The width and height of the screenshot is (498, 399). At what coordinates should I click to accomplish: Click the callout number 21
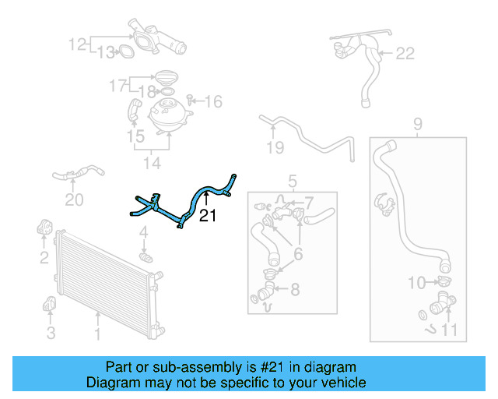tap(208, 216)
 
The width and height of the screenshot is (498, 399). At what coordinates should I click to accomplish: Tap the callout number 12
tap(78, 44)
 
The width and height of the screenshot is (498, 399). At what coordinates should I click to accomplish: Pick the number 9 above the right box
tap(417, 122)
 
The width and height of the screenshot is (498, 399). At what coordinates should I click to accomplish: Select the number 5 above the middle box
tap(293, 182)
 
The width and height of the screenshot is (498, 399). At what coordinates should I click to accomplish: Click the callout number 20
tap(73, 200)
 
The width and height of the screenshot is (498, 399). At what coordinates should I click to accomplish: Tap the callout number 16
tap(213, 101)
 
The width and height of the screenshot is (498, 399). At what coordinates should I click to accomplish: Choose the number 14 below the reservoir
tap(152, 163)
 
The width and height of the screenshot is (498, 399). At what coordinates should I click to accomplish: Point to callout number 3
tap(51, 334)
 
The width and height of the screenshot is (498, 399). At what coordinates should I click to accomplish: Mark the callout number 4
tap(143, 232)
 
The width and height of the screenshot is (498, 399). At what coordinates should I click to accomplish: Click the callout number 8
tap(295, 291)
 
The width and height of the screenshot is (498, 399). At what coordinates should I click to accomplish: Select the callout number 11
tap(449, 330)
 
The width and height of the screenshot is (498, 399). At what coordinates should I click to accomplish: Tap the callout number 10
tap(417, 281)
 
